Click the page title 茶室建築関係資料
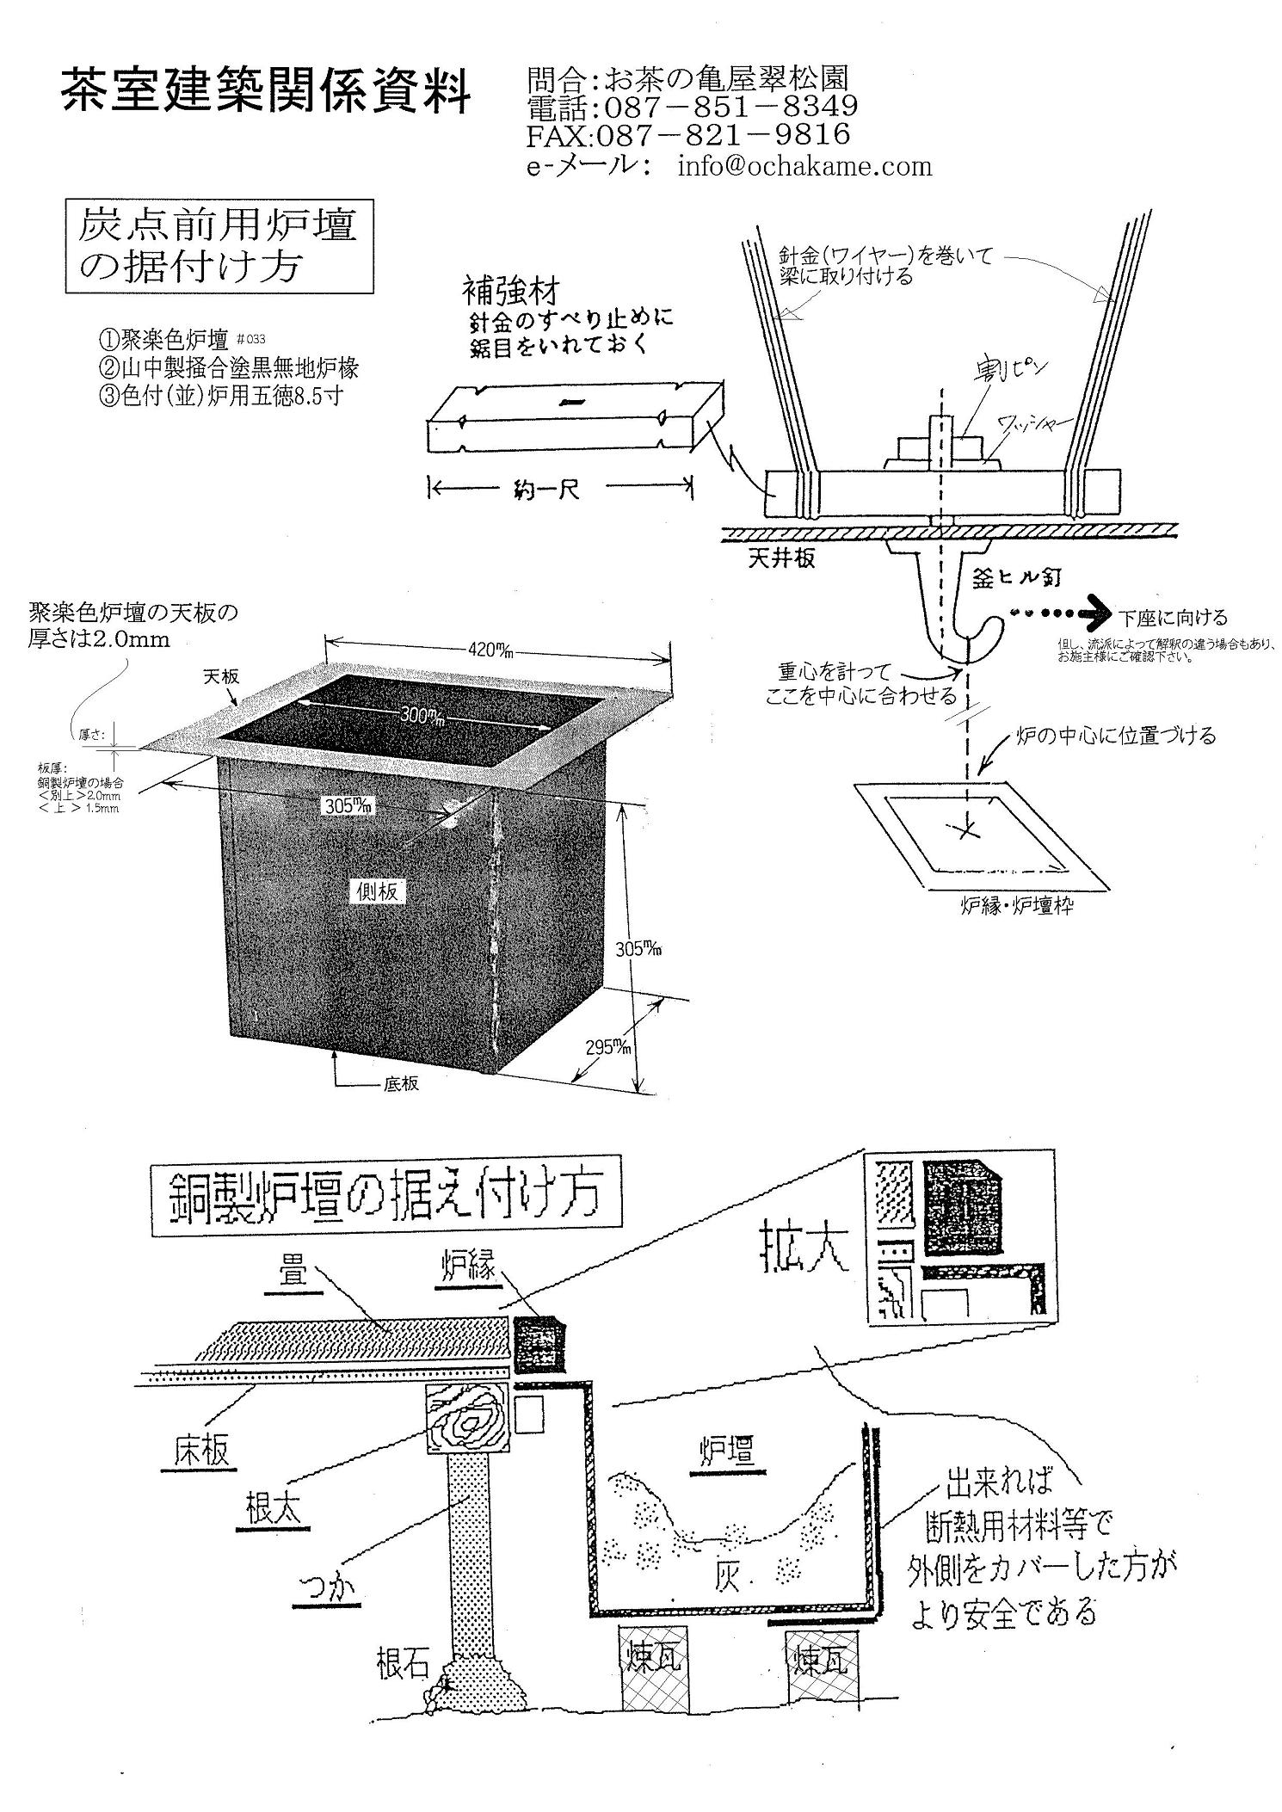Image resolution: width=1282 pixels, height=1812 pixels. coord(266,89)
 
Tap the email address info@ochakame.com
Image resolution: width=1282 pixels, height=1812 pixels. coord(804,165)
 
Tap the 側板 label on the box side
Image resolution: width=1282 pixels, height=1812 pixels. coord(377,891)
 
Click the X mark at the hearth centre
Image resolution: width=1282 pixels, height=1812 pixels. coord(966,829)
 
